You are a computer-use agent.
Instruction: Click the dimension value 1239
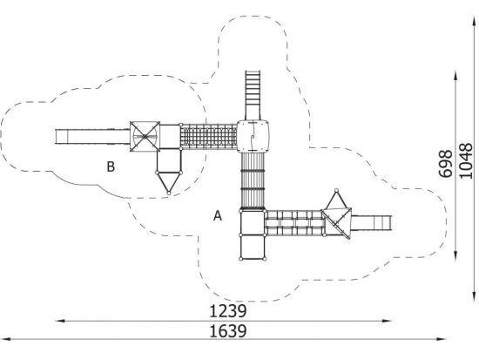pyautogui.click(x=228, y=311)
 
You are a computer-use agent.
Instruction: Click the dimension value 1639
pyautogui.click(x=228, y=331)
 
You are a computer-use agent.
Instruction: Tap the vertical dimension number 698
pyautogui.click(x=445, y=164)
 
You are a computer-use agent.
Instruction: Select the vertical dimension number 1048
pyautogui.click(x=466, y=161)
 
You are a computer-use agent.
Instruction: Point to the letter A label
pyautogui.click(x=218, y=215)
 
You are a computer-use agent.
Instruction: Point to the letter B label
pyautogui.click(x=111, y=166)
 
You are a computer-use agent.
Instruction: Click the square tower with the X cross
pyautogui.click(x=145, y=136)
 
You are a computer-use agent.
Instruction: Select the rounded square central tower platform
pyautogui.click(x=253, y=136)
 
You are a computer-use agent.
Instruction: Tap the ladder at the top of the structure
pyautogui.click(x=253, y=95)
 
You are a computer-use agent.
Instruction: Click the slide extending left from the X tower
pyautogui.click(x=92, y=137)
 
